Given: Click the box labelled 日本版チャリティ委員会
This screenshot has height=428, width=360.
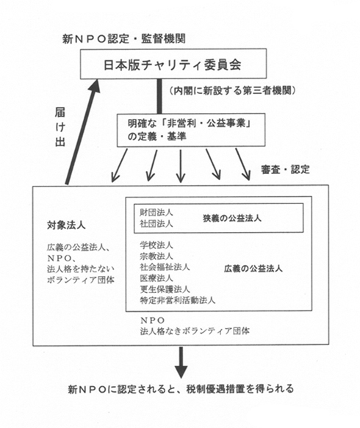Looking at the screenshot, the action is pos(173,64).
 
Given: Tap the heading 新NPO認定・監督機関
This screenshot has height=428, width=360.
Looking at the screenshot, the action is pos(124,39).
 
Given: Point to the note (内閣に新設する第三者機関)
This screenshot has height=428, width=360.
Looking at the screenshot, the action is pos(232,90).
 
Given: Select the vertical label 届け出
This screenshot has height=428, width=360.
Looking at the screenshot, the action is pos(60,127).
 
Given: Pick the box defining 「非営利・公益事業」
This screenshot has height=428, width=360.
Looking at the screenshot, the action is pos(191,130).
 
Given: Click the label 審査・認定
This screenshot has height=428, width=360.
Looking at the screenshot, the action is pos(286,170).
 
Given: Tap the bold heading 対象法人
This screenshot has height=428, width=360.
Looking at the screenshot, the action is pos(66,225).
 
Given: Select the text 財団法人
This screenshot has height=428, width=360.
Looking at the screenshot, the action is pos(156,212).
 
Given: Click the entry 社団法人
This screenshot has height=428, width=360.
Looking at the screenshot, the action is pos(156,224).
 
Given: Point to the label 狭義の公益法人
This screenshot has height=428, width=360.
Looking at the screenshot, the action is pos(232,218).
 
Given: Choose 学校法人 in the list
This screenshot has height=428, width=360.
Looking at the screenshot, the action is pos(156,245).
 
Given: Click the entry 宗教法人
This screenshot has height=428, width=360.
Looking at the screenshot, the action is pos(156,256).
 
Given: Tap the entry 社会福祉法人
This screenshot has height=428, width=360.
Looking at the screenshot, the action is pos(165,267).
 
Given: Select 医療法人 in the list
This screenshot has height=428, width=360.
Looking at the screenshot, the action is pos(156,278).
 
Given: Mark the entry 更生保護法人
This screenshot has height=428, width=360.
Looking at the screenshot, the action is pos(165,289).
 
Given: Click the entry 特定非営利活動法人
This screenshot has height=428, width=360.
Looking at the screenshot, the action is pos(178,300).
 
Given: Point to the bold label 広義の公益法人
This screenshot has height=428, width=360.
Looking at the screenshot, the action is pos(253,269).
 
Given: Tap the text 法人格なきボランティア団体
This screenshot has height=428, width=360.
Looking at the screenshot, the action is pos(195,331).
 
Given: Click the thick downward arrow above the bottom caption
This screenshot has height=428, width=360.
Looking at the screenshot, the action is pos(181,363).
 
